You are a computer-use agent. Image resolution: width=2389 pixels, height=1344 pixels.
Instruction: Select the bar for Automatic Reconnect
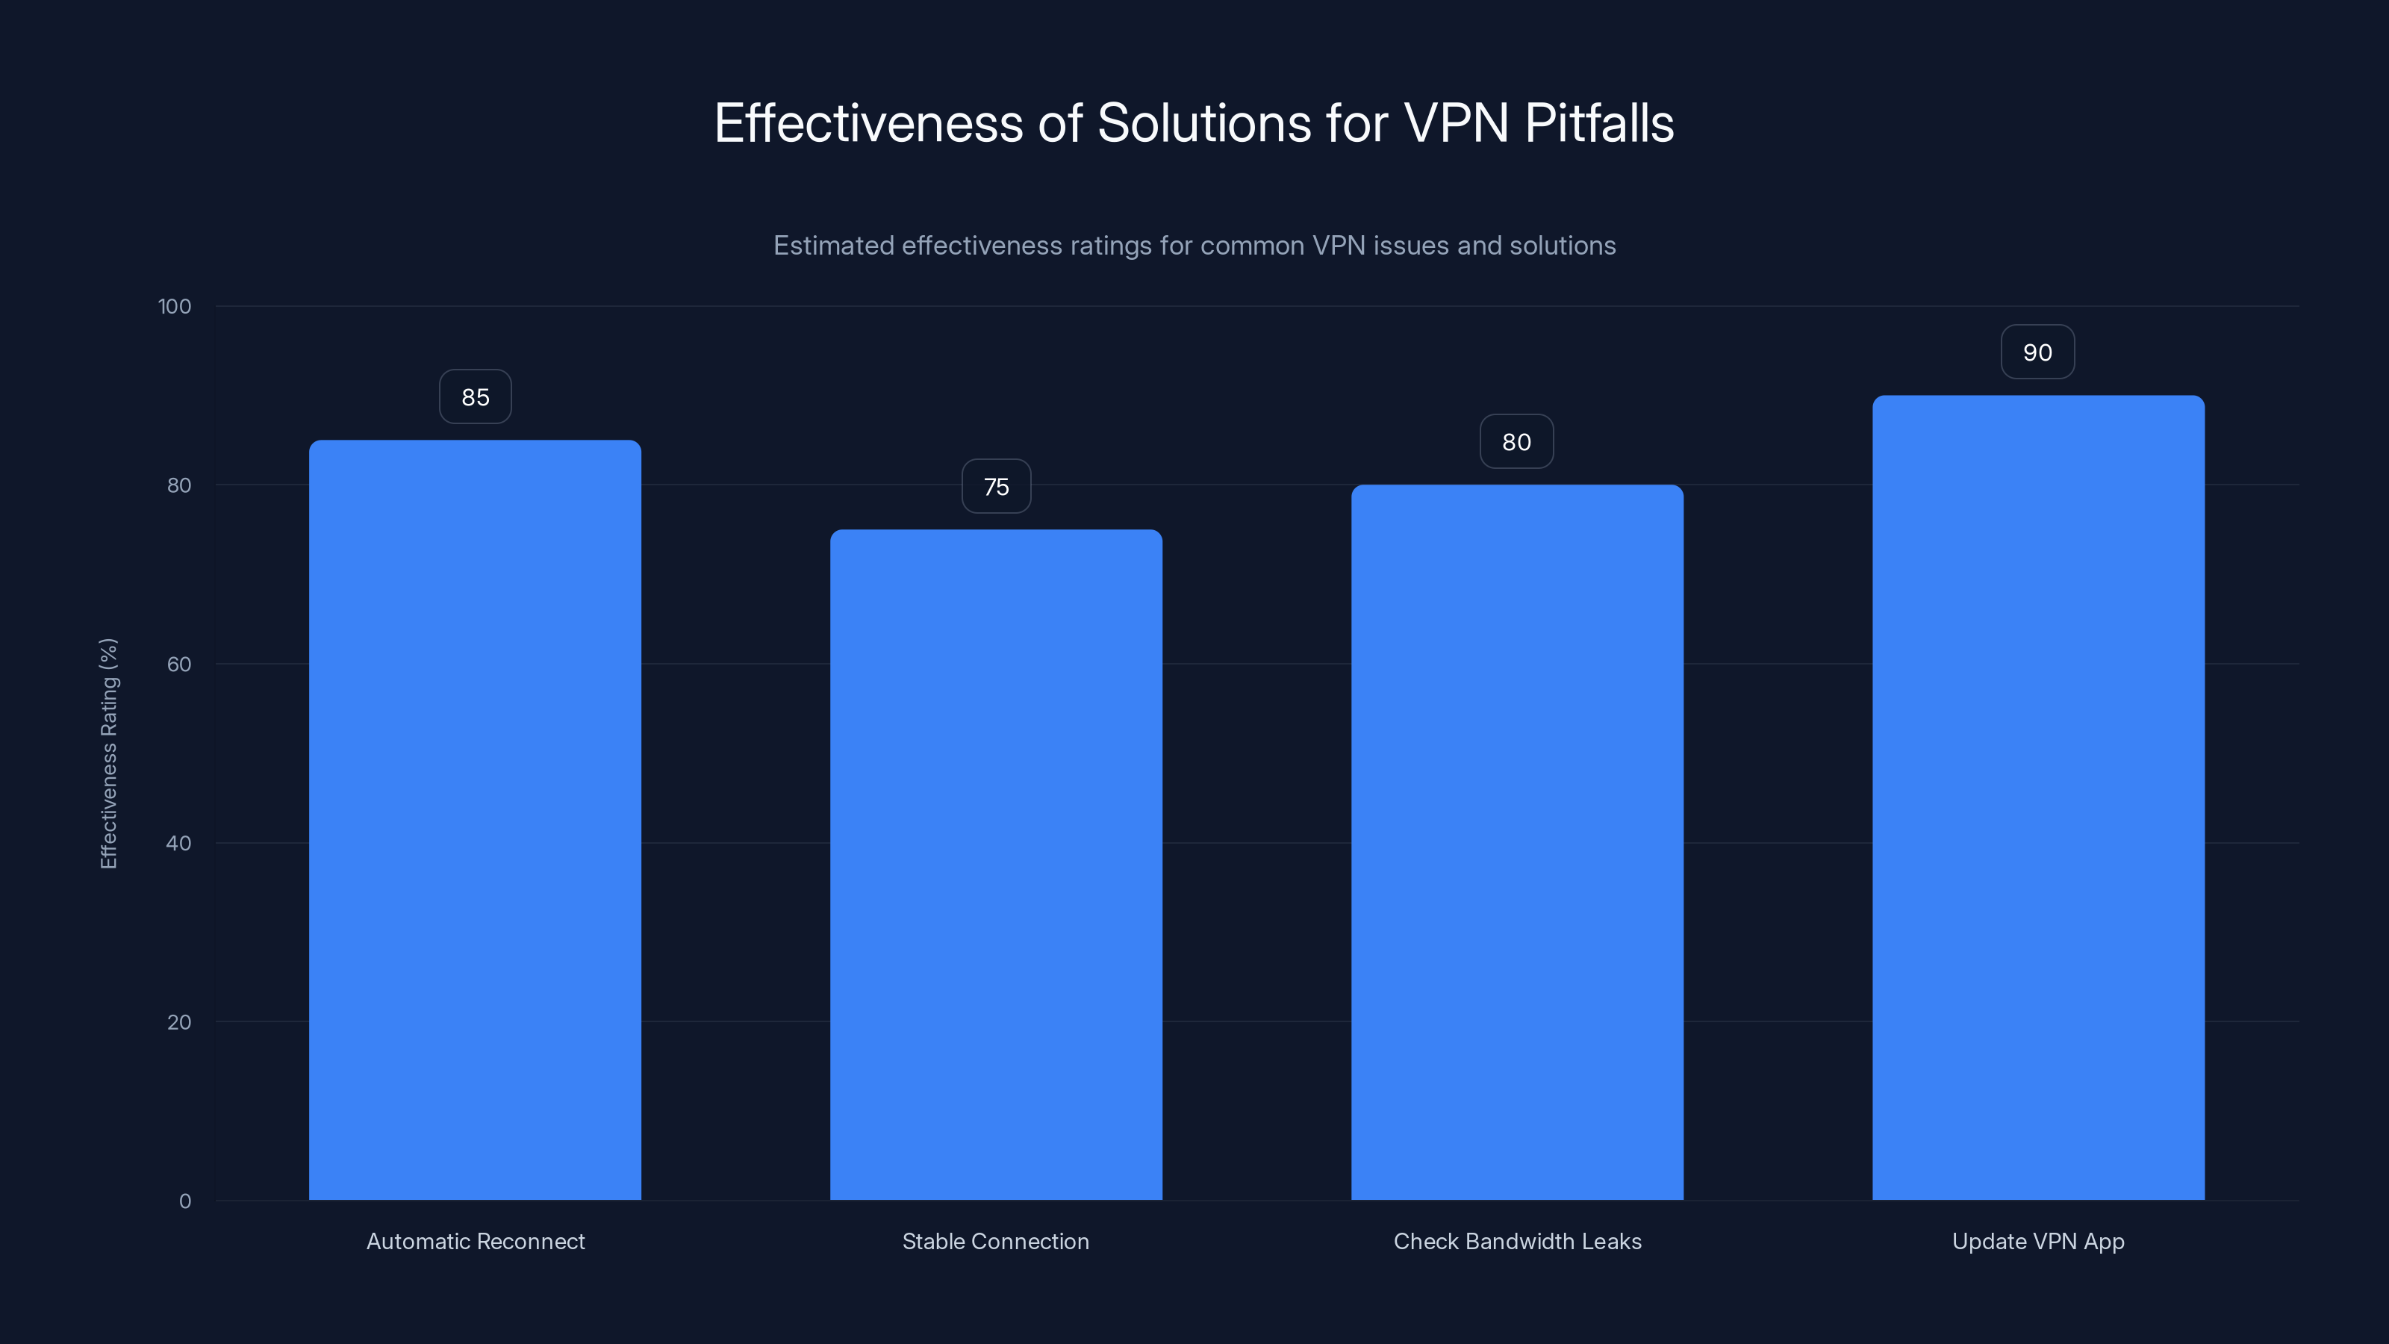click(475, 820)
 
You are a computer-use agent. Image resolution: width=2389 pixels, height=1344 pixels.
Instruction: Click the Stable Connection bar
click(996, 865)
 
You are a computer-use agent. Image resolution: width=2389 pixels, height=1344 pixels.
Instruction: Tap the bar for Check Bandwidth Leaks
click(1517, 842)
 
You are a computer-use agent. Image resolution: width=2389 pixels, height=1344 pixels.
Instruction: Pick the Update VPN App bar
click(2038, 797)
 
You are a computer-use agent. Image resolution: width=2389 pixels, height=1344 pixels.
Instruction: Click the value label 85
click(475, 397)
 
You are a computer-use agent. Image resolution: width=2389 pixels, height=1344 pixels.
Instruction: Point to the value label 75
click(996, 487)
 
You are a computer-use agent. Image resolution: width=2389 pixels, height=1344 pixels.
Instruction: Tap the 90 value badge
click(2037, 352)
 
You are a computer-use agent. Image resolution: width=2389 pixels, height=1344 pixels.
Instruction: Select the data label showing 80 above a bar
click(1516, 443)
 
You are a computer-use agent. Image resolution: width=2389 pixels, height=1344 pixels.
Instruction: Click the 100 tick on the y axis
click(175, 307)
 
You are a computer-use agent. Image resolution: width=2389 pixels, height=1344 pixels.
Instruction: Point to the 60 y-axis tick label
click(179, 664)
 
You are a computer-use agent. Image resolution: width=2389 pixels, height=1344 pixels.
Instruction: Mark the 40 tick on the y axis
click(179, 843)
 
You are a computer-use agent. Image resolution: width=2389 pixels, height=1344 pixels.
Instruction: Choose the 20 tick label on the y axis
click(179, 1022)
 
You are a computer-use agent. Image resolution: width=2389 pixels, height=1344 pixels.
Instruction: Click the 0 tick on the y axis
click(184, 1201)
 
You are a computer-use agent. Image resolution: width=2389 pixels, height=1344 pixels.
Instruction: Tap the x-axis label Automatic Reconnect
click(476, 1241)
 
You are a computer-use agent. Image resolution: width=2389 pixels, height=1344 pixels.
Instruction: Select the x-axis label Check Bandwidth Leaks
click(1517, 1241)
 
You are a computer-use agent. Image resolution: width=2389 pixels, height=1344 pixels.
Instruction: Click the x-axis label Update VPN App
click(2037, 1241)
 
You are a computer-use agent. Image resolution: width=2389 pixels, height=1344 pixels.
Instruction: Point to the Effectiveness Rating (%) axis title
click(108, 753)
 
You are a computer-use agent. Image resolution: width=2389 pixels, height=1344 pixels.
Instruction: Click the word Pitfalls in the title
click(1599, 123)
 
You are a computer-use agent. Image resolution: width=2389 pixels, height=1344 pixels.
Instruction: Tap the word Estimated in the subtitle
click(832, 246)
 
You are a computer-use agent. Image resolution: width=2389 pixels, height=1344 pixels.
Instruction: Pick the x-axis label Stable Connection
click(996, 1241)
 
